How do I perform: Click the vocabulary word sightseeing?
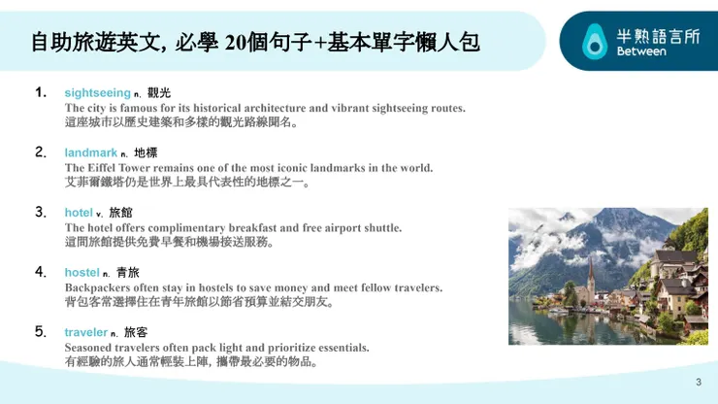[97, 92]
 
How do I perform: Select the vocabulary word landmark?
[90, 152]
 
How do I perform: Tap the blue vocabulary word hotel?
[79, 213]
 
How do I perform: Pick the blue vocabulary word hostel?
[82, 273]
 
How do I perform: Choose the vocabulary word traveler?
[85, 332]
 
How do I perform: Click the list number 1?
[41, 92]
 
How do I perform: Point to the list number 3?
[41, 212]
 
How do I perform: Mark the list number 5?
[41, 331]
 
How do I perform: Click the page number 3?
[698, 382]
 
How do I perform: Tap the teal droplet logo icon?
[592, 42]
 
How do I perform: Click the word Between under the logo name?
[641, 51]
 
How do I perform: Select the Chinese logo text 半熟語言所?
[658, 35]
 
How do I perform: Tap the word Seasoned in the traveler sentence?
[90, 347]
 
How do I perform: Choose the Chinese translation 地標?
[146, 153]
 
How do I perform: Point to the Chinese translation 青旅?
[127, 273]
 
